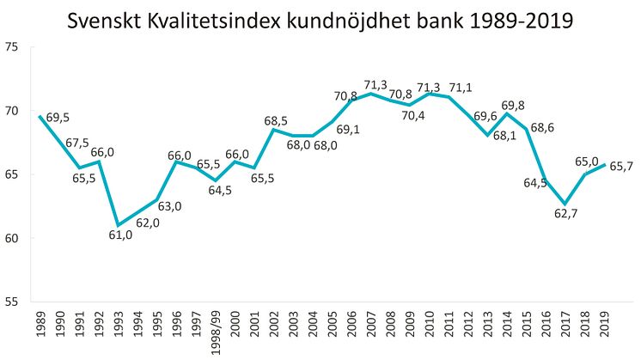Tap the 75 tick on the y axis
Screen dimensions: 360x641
(15, 46)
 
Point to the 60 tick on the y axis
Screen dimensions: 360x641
(15, 238)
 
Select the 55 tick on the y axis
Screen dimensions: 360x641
(15, 302)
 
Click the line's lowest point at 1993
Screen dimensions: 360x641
(118, 225)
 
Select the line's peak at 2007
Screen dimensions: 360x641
(370, 94)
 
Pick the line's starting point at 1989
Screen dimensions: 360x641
(40, 116)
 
